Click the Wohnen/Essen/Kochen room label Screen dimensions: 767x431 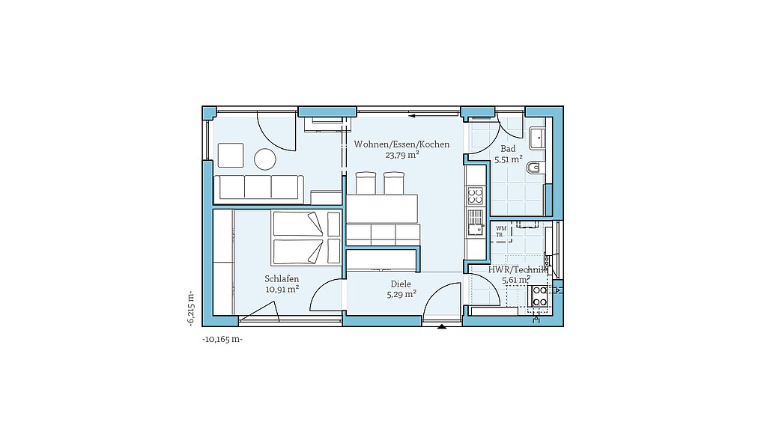401,144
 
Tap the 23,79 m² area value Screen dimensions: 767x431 402,156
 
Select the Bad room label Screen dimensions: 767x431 508,149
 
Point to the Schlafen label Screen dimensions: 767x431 282,279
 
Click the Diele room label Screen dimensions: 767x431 401,284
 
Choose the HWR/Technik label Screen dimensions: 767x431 516,269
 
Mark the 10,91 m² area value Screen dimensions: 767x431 282,290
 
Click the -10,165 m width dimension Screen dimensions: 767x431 222,339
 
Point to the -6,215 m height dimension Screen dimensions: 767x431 190,308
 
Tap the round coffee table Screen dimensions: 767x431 265,159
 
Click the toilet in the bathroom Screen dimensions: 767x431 533,168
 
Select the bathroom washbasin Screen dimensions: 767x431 537,138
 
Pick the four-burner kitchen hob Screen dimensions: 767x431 475,197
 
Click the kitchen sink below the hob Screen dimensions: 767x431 475,223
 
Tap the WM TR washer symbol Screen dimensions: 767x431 501,232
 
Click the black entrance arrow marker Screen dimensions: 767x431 442,326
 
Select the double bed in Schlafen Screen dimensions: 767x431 306,238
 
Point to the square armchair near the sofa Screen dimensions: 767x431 231,156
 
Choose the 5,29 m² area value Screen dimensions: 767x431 401,294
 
